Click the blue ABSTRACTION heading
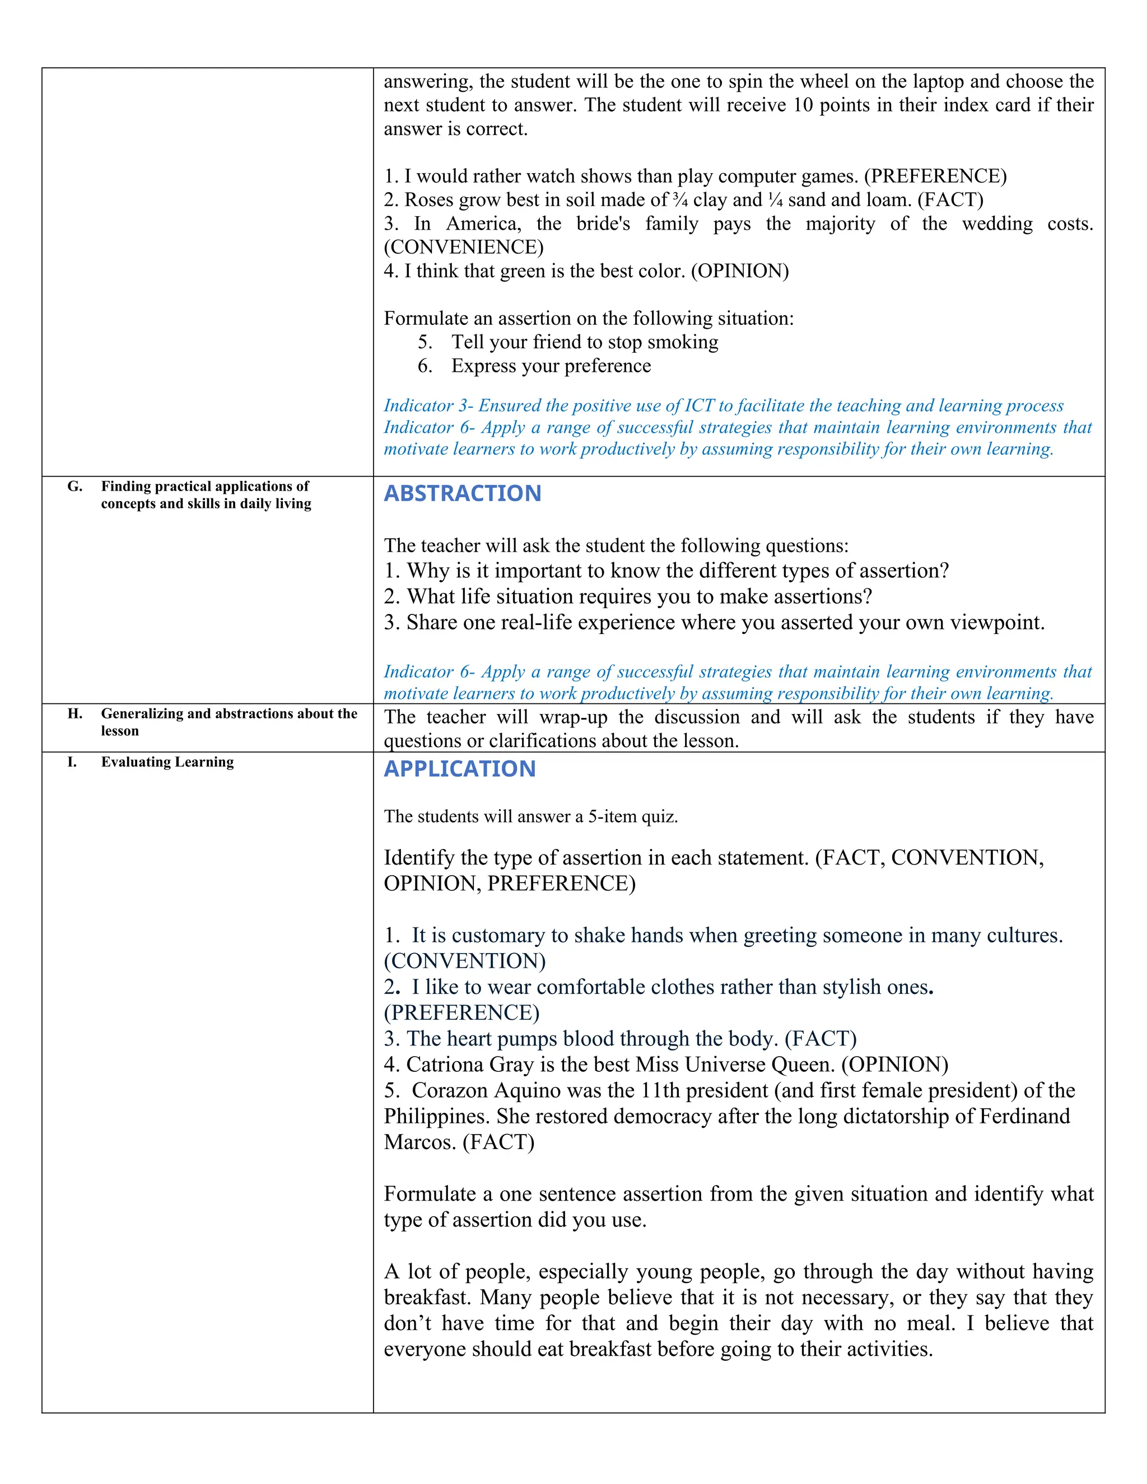462,493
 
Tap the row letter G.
74,487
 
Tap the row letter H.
74,713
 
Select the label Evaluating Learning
167,762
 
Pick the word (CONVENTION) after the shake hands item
465,961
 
